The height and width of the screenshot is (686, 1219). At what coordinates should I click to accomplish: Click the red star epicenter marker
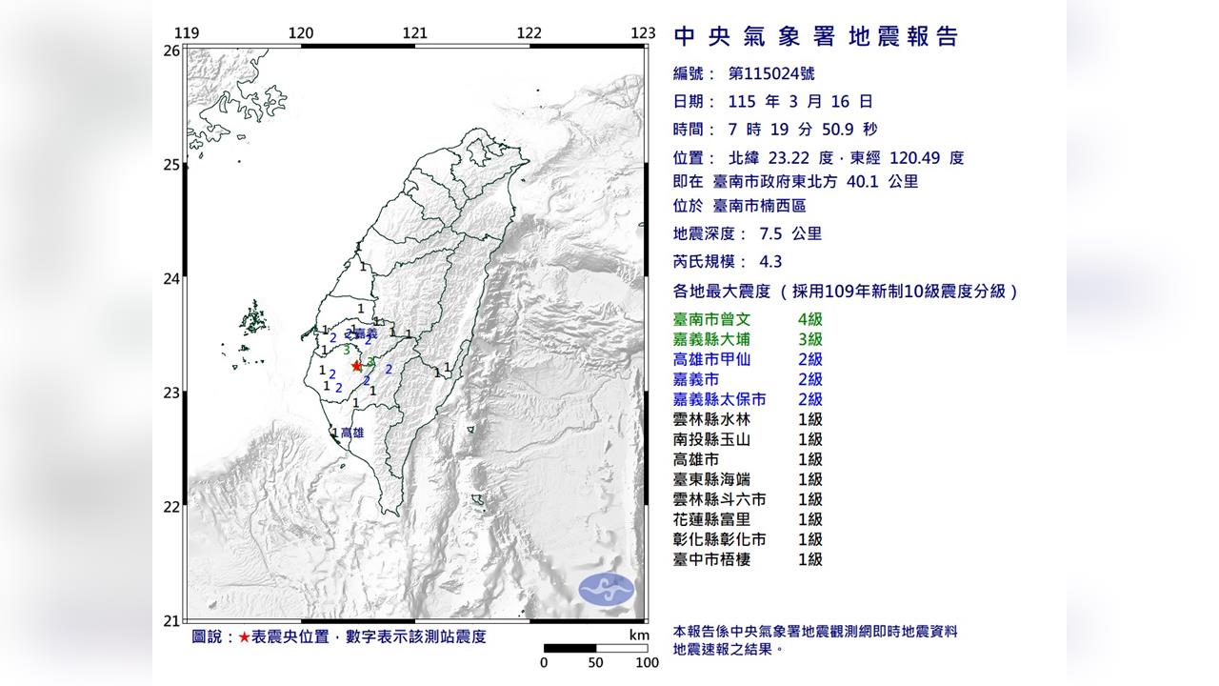(x=356, y=365)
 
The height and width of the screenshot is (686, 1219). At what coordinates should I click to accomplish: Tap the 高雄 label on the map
(x=352, y=433)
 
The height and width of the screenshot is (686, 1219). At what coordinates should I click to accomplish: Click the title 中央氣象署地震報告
(x=815, y=37)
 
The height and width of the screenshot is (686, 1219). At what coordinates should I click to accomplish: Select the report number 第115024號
(x=771, y=73)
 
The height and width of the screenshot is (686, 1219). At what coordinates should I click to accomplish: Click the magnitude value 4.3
(x=743, y=261)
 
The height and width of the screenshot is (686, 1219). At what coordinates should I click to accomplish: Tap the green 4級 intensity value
(x=810, y=319)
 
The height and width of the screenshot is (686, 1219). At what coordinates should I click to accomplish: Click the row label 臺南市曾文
(x=711, y=319)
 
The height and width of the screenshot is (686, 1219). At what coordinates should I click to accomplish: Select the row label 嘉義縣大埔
(x=711, y=339)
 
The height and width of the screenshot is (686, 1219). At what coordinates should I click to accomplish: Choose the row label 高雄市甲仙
(x=711, y=359)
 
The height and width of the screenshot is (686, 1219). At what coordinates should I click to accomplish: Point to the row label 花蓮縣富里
(x=711, y=519)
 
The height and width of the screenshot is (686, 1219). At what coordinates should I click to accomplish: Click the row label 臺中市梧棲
(x=711, y=559)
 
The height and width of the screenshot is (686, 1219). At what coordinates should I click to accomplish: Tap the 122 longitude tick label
(x=529, y=33)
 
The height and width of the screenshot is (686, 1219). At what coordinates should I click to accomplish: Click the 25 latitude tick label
(x=171, y=165)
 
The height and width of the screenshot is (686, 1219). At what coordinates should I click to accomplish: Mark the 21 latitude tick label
(x=171, y=621)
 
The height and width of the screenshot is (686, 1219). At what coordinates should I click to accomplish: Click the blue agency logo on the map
(x=607, y=589)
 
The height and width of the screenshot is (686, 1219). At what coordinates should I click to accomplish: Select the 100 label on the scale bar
(x=647, y=663)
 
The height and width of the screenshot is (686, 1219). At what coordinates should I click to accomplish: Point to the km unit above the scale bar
(x=638, y=636)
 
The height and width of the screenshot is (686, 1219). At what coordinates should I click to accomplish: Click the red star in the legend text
(x=245, y=636)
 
